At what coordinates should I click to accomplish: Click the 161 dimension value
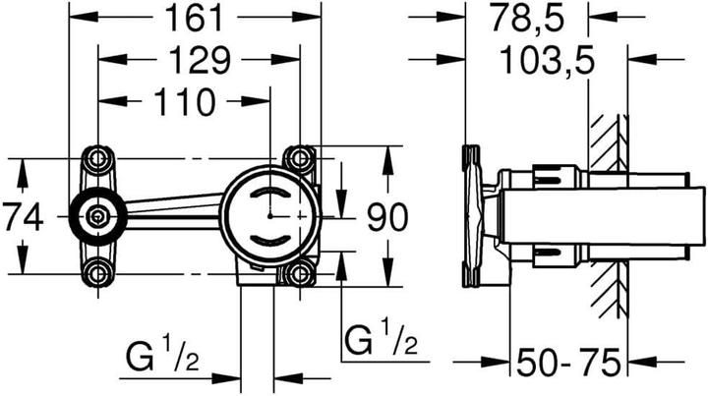click(194, 18)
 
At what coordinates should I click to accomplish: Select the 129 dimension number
click(199, 60)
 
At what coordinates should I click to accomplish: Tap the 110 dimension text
click(184, 102)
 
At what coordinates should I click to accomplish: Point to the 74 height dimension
click(24, 216)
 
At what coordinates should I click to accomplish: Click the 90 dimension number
click(387, 217)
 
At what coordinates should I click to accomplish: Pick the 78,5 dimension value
click(528, 19)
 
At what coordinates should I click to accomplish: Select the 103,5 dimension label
click(548, 61)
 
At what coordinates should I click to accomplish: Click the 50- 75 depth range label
click(569, 363)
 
